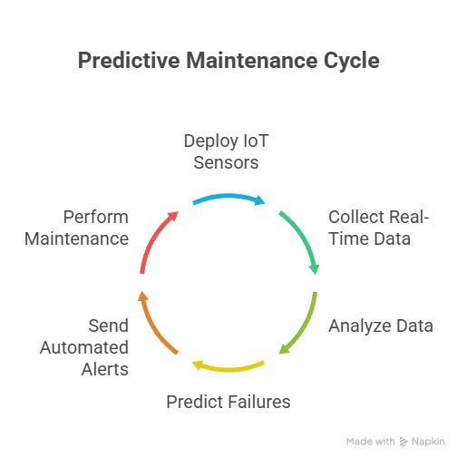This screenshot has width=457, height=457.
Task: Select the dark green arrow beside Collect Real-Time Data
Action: (x=303, y=237)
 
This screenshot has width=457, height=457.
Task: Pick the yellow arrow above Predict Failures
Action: (x=228, y=368)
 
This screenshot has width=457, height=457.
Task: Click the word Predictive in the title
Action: (x=129, y=61)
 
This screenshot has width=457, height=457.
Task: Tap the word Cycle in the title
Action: (x=352, y=61)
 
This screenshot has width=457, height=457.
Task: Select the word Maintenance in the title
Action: (x=252, y=61)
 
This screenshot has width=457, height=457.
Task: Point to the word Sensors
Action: (x=226, y=162)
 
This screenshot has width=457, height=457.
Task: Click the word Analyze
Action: (x=360, y=326)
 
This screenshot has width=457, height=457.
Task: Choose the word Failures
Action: (x=259, y=402)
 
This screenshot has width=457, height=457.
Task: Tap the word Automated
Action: (x=84, y=347)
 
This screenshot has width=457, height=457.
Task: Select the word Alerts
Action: (x=105, y=369)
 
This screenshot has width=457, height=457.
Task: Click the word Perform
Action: (x=96, y=217)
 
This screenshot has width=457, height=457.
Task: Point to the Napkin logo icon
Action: (x=404, y=442)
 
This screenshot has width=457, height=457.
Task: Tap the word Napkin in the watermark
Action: (x=428, y=442)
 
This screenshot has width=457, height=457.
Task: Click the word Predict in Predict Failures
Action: (x=195, y=402)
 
